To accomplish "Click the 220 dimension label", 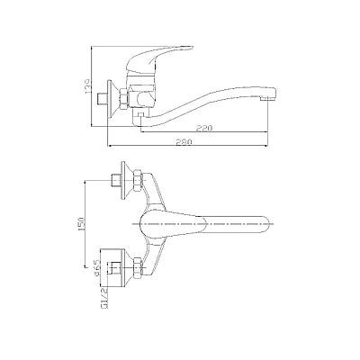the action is coord(204,128).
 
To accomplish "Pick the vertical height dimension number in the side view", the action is coord(88,86).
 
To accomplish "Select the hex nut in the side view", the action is coord(124,98).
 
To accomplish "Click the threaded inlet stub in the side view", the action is coord(103,98).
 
